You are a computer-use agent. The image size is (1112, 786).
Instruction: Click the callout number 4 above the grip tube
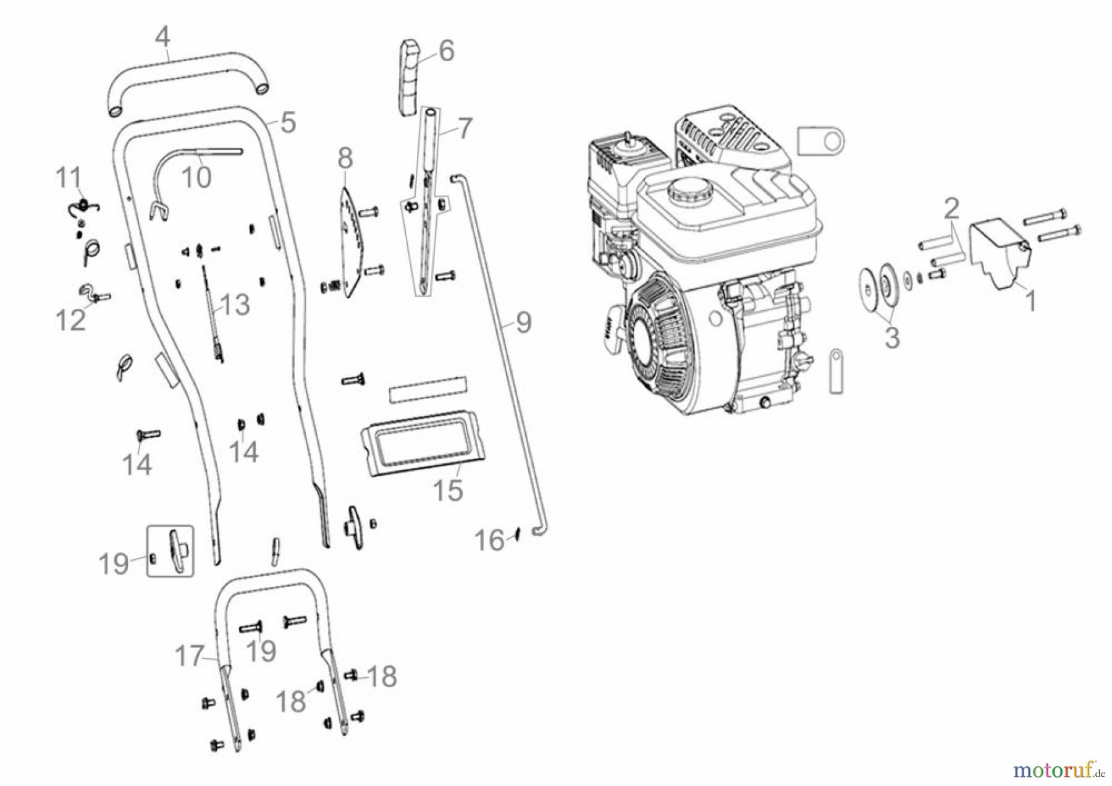click(x=162, y=38)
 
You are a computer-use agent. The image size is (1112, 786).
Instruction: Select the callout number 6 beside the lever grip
click(x=447, y=51)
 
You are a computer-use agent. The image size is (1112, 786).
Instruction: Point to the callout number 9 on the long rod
click(x=523, y=322)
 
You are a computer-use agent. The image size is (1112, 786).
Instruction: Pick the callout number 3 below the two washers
click(x=891, y=338)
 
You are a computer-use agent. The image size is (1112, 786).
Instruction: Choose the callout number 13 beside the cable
click(x=235, y=305)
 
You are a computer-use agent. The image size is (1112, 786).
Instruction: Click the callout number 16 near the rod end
click(x=489, y=541)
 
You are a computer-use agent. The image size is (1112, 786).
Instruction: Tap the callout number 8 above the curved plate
click(x=345, y=158)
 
